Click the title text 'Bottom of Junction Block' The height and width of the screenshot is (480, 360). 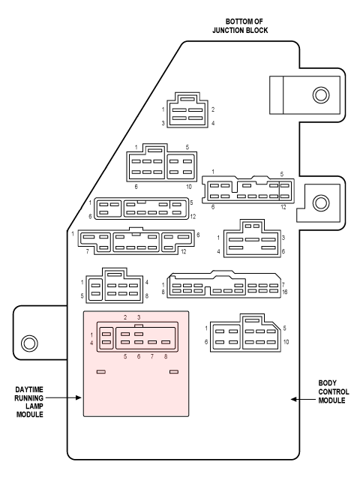click(240, 25)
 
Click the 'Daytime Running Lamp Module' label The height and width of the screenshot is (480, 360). click(29, 402)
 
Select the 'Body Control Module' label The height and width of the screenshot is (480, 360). click(333, 391)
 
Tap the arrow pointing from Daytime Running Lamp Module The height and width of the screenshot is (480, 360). click(63, 397)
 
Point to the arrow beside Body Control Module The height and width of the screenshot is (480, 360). click(303, 399)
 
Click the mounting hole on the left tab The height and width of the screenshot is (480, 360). click(29, 343)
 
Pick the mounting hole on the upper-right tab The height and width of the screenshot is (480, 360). click(321, 94)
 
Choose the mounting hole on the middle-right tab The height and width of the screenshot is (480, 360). click(321, 202)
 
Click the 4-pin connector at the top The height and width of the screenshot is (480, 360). click(187, 110)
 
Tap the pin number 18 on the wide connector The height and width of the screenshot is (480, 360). click(285, 292)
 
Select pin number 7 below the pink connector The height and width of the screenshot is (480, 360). click(152, 356)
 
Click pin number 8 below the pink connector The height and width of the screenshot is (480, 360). click(166, 356)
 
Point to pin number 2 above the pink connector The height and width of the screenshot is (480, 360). click(125, 317)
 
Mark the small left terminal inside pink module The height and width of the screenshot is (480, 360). click(101, 372)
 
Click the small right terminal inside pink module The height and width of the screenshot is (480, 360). click(174, 372)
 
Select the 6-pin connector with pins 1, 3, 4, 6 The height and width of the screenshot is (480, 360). click(252, 238)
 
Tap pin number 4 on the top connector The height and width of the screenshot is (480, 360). click(213, 123)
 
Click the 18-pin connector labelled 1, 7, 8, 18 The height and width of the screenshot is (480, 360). click(223, 285)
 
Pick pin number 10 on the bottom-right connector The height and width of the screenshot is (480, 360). click(286, 342)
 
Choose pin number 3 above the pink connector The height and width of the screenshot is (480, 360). click(139, 317)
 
